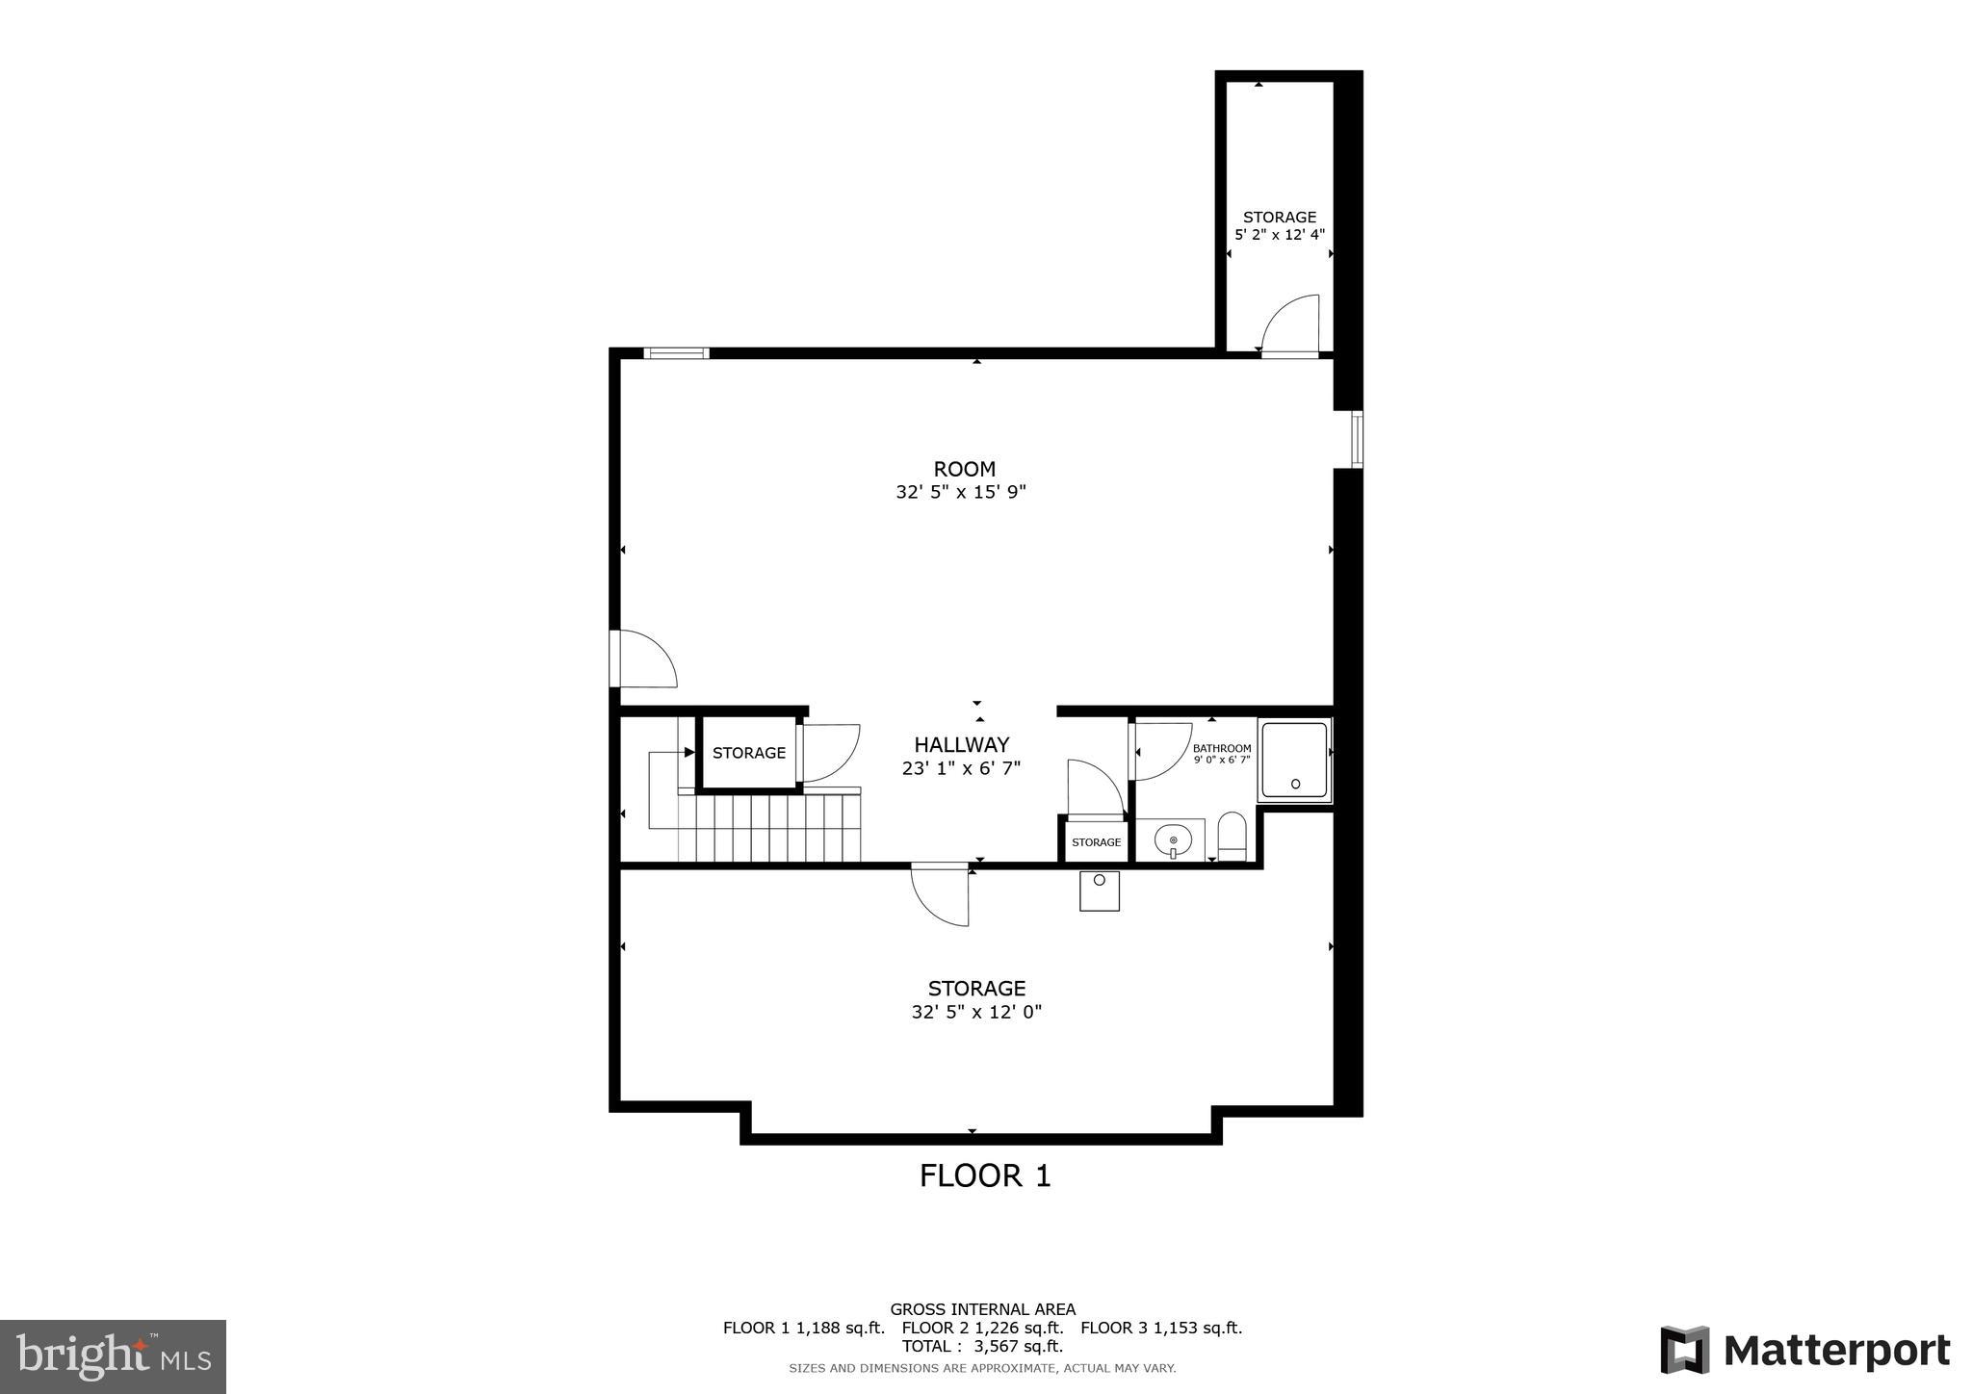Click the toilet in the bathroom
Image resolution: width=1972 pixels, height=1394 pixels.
1232,836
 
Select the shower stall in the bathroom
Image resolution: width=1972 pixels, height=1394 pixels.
1294,761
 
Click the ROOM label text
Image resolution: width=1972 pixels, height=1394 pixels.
964,469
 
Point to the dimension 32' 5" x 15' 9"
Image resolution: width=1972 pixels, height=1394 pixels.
961,492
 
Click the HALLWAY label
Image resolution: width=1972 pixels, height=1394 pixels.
961,744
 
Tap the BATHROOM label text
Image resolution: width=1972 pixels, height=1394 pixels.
1221,748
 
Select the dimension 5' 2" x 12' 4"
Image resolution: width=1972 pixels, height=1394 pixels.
1279,234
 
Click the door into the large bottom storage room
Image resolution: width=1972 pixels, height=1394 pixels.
941,894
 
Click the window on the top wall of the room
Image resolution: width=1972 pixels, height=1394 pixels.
676,353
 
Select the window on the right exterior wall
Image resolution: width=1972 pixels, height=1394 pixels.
1356,439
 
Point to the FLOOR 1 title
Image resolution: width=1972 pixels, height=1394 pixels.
984,1175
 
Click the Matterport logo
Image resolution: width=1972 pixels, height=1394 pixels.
1804,1351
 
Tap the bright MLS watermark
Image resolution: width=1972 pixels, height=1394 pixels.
113,1356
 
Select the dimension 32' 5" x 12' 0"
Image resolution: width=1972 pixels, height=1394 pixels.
976,1012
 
